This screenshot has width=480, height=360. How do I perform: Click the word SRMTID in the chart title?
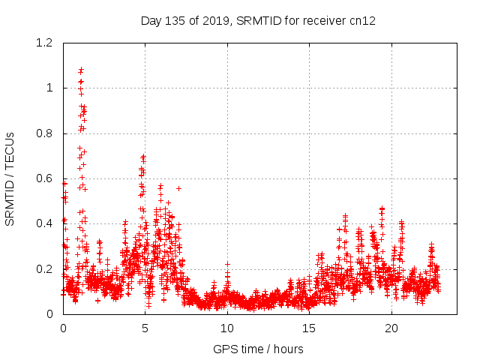(x=258, y=20)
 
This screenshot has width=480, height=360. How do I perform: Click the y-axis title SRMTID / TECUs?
(x=10, y=178)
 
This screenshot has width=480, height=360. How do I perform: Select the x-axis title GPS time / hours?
(x=259, y=349)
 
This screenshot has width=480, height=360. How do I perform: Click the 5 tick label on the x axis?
(x=145, y=328)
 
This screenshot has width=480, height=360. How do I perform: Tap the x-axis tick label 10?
(x=226, y=328)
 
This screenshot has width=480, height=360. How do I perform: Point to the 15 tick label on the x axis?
(x=309, y=328)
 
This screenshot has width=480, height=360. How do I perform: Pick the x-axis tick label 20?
(x=391, y=328)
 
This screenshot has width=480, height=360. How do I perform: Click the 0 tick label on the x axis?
(x=63, y=328)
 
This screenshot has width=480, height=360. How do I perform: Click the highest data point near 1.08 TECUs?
(x=81, y=70)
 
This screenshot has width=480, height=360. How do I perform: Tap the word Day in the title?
(x=151, y=20)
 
